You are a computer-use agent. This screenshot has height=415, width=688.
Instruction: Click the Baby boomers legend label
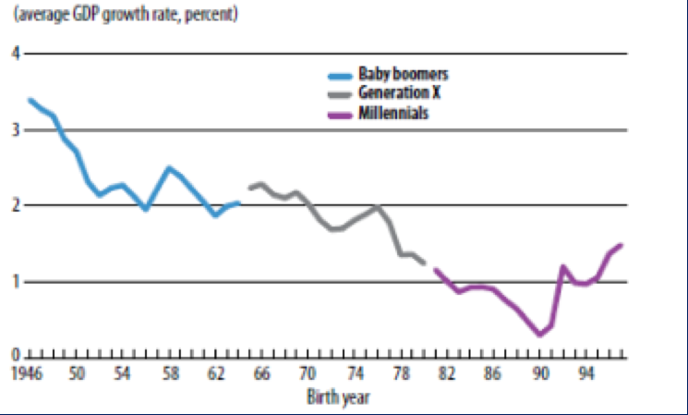click(x=398, y=73)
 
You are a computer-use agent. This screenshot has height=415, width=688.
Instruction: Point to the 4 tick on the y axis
click(x=16, y=54)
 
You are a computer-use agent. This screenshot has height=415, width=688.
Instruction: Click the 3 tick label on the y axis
click(x=16, y=130)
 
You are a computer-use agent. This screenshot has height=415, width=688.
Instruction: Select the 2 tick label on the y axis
click(x=16, y=205)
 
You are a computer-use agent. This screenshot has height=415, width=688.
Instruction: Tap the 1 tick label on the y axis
click(x=16, y=282)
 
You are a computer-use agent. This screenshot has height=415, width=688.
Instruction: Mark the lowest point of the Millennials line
click(x=540, y=335)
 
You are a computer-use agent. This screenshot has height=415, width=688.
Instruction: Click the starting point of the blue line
click(x=30, y=100)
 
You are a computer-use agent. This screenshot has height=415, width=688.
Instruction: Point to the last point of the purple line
click(x=622, y=245)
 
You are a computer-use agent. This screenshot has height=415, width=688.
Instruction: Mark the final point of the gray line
click(x=424, y=263)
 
